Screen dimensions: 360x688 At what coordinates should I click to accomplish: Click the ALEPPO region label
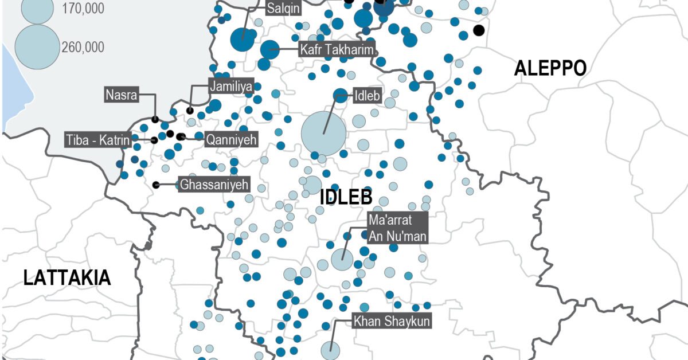coord(550,68)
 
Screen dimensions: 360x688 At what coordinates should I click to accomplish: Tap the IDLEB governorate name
coord(346,197)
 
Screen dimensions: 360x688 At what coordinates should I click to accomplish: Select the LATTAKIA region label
coord(67,278)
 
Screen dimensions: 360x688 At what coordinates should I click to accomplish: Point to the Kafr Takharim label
coord(337,49)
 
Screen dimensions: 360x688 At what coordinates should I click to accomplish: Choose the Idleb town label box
coord(367,96)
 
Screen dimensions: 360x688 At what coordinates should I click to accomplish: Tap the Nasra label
coord(122,95)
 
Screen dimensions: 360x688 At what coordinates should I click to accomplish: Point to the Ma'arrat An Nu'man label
coord(398,227)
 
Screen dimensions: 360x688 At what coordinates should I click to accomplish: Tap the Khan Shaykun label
coord(392,322)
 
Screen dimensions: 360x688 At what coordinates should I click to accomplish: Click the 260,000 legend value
coord(83,47)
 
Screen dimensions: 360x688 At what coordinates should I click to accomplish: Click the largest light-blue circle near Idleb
coord(323,134)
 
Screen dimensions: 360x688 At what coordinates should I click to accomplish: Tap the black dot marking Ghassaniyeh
coord(156,185)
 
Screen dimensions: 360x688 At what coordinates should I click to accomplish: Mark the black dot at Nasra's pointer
coord(155,119)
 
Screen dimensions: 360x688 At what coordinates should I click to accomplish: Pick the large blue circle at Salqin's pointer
coord(242,40)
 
